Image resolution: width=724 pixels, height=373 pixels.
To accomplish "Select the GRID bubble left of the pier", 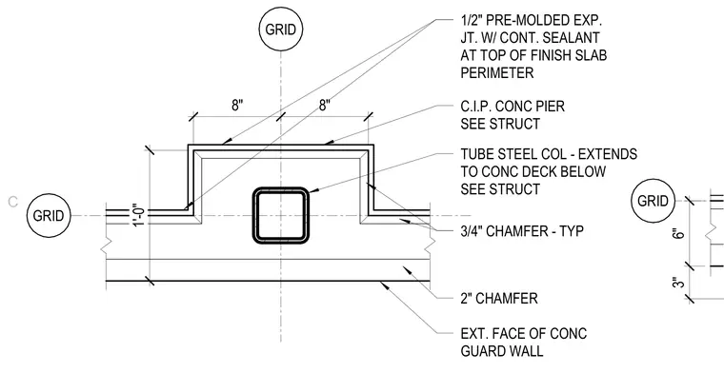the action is click(x=49, y=215).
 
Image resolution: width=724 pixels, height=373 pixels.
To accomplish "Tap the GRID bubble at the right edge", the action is click(x=653, y=201).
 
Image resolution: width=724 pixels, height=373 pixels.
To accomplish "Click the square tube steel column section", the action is click(x=281, y=215).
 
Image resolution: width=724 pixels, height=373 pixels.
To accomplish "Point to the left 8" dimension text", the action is click(x=237, y=106).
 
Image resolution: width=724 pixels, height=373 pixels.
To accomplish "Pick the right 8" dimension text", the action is click(x=325, y=106).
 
